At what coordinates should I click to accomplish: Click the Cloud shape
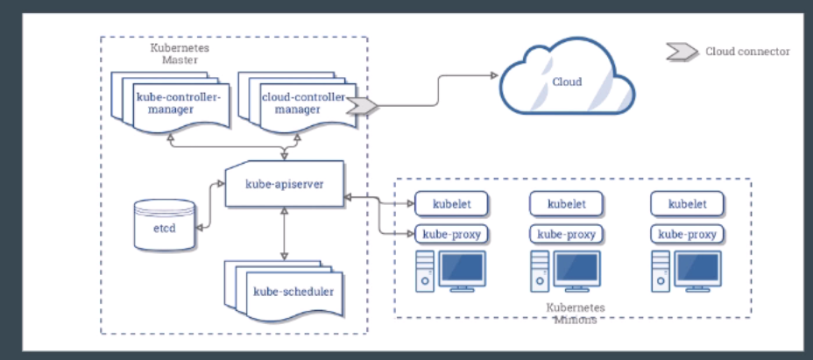click(566, 83)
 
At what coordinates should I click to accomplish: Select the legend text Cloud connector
click(747, 52)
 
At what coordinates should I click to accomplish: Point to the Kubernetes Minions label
click(575, 314)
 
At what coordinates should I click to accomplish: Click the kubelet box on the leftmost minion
click(450, 204)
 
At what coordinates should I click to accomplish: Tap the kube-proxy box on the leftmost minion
click(450, 234)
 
